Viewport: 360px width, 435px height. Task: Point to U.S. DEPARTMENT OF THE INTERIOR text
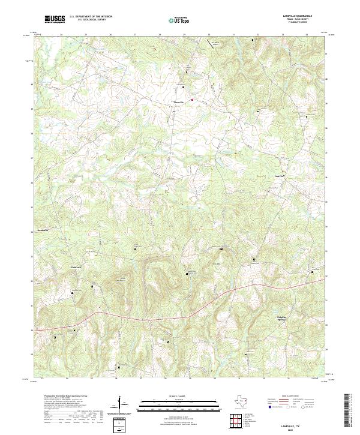coord(89,17)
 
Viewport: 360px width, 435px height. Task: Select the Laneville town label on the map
coord(178,103)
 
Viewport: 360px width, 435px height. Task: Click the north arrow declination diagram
coord(123,405)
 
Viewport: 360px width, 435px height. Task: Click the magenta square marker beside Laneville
coord(192,100)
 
